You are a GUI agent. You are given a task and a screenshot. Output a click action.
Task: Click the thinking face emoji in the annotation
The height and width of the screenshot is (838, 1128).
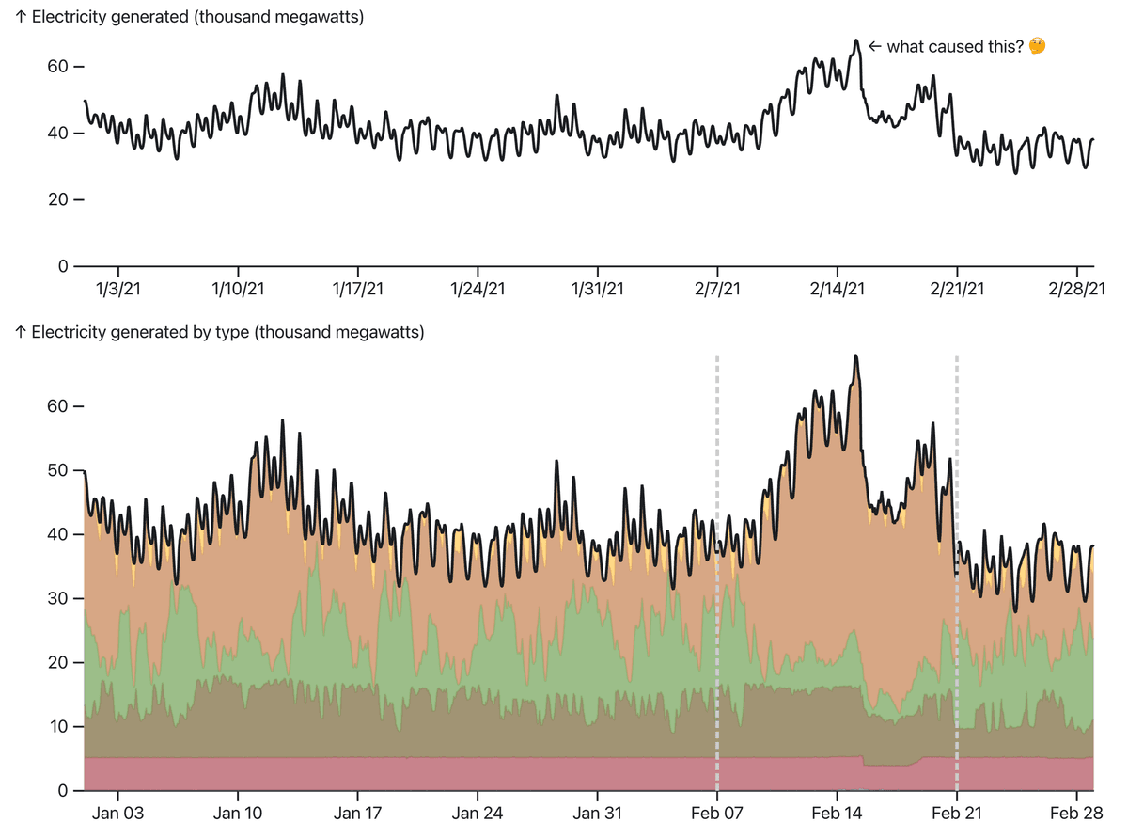(1038, 46)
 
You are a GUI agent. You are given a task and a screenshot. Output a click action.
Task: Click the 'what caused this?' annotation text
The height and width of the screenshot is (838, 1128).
(954, 46)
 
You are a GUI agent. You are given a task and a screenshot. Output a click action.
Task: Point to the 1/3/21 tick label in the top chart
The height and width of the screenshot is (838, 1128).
(119, 289)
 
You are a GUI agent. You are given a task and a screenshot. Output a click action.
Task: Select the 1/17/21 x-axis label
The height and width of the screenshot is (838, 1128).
(358, 289)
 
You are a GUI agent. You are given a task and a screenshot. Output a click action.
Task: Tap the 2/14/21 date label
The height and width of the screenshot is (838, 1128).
(837, 289)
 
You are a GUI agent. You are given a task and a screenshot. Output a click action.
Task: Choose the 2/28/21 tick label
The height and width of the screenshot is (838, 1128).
(1076, 289)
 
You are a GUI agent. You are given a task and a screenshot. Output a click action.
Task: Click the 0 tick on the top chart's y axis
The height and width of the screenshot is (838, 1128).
(64, 266)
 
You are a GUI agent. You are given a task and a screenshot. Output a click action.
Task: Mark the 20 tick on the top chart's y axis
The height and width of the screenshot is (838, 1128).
(59, 199)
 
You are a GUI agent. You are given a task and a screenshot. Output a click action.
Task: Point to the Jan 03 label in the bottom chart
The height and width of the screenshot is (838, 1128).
(119, 813)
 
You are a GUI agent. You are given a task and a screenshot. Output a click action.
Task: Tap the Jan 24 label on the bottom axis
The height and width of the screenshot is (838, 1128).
(478, 813)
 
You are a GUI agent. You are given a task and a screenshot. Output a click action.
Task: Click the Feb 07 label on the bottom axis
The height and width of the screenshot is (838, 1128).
(717, 813)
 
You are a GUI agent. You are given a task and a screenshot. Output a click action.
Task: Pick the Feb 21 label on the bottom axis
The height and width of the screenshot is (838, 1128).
(957, 813)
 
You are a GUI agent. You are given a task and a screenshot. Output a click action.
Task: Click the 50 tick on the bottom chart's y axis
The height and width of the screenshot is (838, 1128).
(59, 470)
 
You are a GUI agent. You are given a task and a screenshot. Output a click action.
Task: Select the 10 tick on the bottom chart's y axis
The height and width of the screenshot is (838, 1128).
(59, 727)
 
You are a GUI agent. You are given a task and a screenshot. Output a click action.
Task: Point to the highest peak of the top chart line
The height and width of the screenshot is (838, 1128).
(856, 40)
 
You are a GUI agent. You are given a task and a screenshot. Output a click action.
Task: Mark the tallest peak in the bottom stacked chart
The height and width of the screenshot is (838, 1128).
(856, 356)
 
